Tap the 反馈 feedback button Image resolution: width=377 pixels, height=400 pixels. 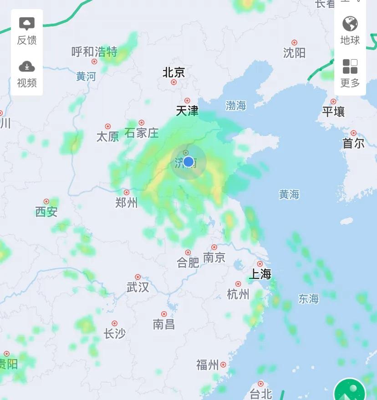[x=27, y=31]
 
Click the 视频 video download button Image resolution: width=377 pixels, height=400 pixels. [x=27, y=74]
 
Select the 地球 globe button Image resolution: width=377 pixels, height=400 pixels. [x=350, y=30]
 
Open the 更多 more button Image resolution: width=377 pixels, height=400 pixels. [x=350, y=73]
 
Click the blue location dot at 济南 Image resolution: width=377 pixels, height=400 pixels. [x=188, y=162]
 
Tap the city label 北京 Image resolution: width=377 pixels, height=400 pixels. [x=173, y=72]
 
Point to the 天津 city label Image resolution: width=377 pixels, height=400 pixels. [x=187, y=111]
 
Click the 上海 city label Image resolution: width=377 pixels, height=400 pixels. [x=260, y=274]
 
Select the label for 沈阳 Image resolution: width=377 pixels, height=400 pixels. [x=294, y=53]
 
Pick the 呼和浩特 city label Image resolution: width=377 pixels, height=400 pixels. [x=94, y=52]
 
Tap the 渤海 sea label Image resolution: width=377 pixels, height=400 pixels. [x=236, y=106]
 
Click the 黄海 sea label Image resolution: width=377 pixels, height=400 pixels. [x=289, y=195]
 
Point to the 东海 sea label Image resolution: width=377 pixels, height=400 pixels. [x=308, y=299]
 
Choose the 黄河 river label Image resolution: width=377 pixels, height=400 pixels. [x=86, y=76]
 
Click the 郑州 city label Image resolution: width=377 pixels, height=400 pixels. [x=127, y=203]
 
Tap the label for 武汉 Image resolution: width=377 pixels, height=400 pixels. [x=138, y=287]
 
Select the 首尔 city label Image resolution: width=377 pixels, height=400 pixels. [x=353, y=144]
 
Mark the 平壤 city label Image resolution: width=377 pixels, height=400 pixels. [x=333, y=112]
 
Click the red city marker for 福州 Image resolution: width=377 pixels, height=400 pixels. [x=223, y=365]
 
